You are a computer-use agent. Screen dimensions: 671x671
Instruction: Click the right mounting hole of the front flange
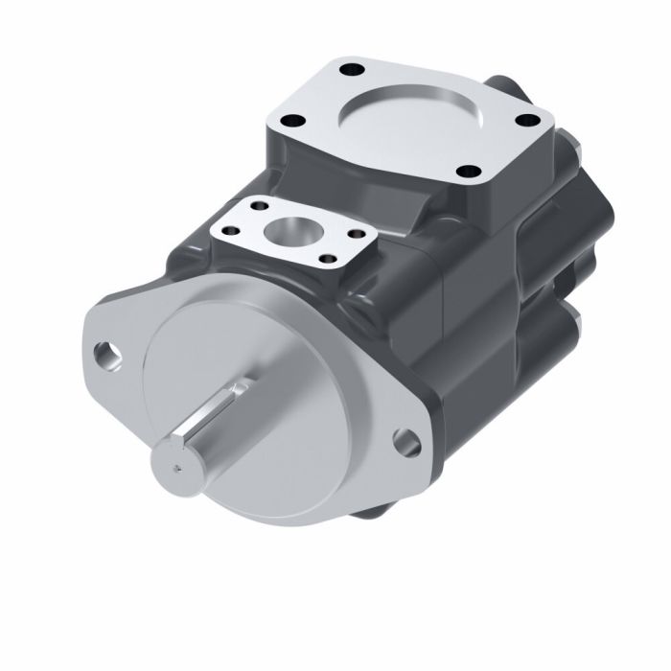point(406,443)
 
